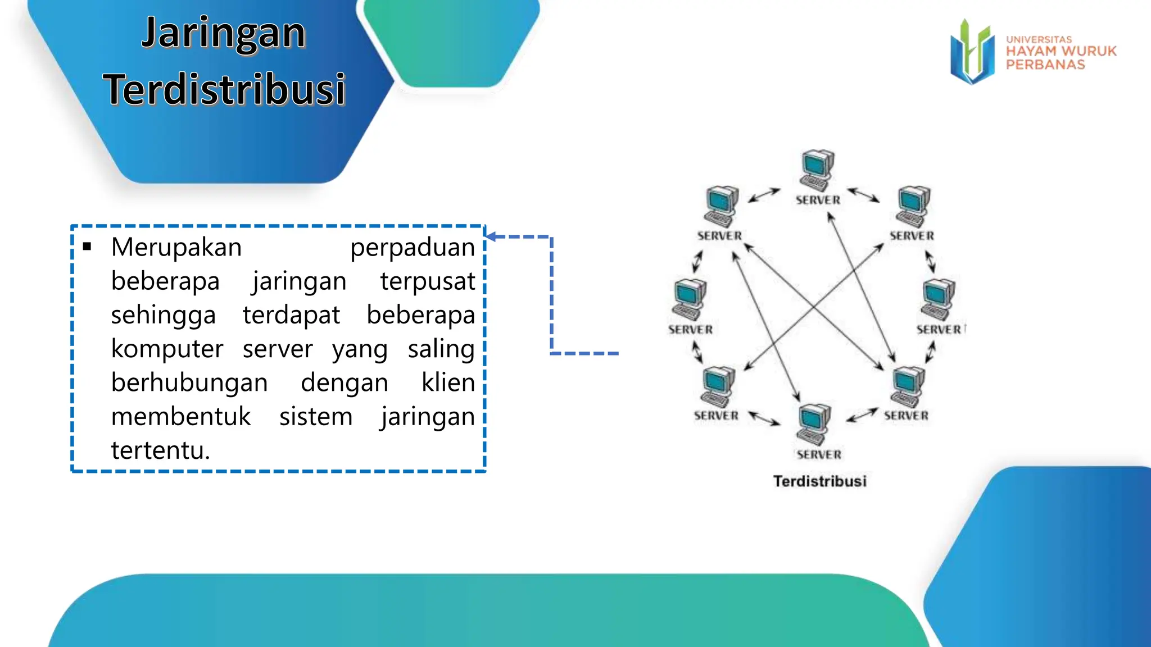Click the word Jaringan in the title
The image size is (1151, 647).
(223, 34)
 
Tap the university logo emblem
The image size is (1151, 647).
(972, 52)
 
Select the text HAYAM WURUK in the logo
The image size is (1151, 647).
(1061, 51)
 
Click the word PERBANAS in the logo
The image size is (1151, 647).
(1045, 65)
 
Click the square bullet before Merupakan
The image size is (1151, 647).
(87, 247)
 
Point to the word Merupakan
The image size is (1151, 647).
(176, 248)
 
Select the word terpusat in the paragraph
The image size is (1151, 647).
(427, 281)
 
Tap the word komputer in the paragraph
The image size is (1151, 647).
(167, 349)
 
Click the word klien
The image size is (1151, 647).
(448, 383)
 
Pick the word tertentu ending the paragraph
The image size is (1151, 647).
(160, 450)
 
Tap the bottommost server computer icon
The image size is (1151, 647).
(813, 424)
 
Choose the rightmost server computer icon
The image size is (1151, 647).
(937, 299)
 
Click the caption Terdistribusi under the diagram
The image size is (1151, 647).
(819, 481)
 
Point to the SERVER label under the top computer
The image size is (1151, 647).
(818, 201)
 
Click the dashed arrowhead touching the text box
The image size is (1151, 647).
(491, 236)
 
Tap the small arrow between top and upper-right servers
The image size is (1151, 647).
(863, 195)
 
